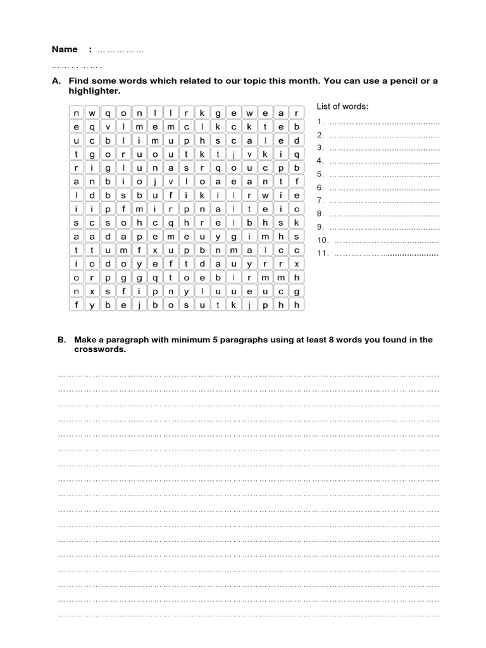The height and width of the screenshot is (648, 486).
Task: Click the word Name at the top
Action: [65, 49]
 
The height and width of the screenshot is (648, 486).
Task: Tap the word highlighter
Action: [94, 91]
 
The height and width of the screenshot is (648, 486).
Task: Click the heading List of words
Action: [342, 106]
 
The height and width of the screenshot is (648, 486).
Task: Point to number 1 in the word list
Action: [320, 121]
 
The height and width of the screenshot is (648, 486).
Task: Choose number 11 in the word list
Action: [323, 254]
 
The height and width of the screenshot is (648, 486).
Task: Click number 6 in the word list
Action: [320, 187]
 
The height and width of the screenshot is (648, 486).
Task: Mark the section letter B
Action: [62, 340]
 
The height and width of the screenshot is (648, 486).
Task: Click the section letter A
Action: [56, 81]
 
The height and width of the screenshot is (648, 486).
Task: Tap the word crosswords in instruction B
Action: [100, 349]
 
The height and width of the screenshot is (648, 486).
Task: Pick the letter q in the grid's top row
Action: [108, 113]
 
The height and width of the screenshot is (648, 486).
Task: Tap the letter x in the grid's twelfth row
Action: [296, 264]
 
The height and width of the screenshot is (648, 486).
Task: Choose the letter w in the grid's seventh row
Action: [265, 196]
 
